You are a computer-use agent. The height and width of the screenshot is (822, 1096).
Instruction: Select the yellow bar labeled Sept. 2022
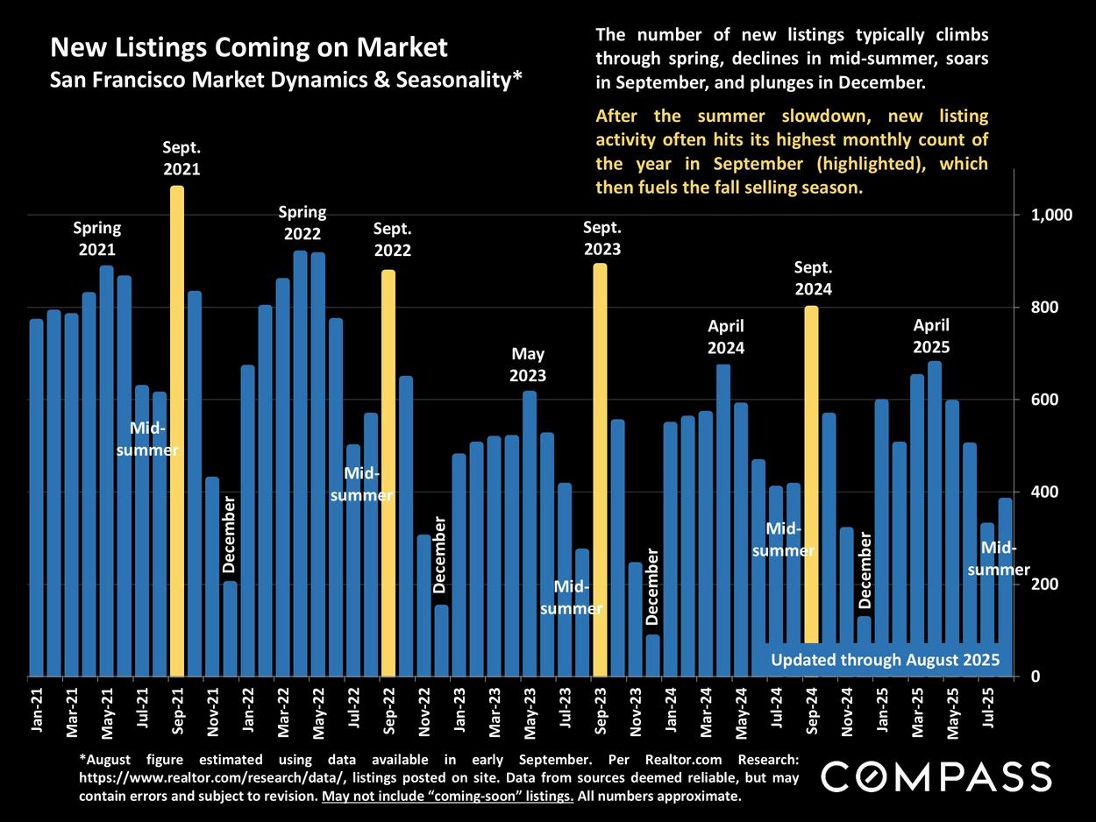(388, 473)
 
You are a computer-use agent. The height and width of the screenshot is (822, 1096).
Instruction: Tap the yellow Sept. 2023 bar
(600, 469)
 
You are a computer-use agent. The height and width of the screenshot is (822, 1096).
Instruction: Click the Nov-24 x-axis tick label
(847, 711)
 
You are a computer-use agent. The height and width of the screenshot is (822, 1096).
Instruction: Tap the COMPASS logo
(936, 776)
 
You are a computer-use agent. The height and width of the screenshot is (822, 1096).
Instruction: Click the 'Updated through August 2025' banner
(885, 660)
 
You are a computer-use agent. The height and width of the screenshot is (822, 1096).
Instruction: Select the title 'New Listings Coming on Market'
(249, 47)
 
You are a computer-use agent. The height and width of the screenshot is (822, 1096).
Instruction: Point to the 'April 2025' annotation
(931, 336)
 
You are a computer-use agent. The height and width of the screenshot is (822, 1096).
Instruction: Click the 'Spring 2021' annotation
(97, 238)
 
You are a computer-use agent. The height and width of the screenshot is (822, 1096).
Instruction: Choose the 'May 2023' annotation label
(528, 365)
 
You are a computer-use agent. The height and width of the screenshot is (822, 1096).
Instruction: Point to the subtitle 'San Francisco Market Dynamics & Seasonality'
(286, 80)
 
